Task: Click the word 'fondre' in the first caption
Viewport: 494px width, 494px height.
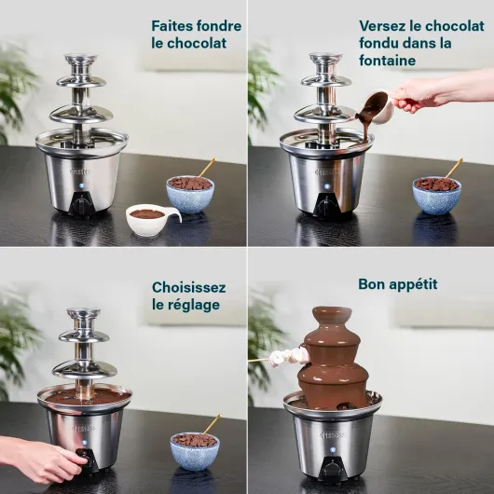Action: (x=218, y=26)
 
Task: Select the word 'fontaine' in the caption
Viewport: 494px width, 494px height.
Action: (x=387, y=61)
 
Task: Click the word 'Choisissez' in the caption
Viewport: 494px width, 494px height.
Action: (x=188, y=287)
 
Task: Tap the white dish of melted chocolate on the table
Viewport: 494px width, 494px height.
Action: (x=152, y=219)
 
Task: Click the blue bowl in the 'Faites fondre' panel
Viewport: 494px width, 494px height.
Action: (x=190, y=194)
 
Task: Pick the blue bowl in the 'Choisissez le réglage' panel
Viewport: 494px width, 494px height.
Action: (x=195, y=450)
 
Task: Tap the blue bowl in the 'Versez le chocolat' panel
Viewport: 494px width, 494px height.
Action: (x=436, y=195)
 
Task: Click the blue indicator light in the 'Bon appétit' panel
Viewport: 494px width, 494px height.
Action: (x=333, y=450)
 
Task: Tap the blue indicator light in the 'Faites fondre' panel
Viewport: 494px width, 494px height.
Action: (x=83, y=185)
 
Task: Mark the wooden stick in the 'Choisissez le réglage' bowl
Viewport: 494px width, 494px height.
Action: (x=212, y=424)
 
